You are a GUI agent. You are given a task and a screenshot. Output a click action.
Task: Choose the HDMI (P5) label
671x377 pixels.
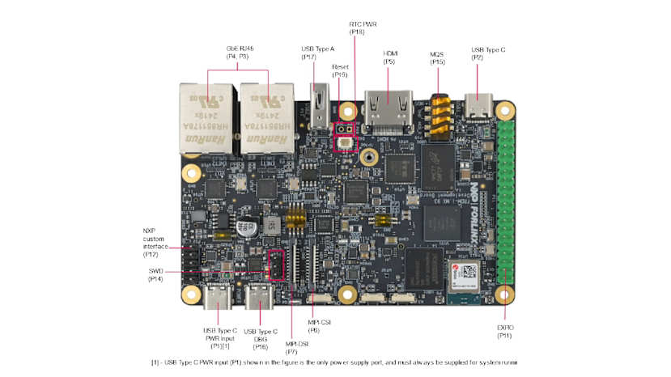[x=389, y=57]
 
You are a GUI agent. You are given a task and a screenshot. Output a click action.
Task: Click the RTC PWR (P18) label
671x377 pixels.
[x=356, y=28]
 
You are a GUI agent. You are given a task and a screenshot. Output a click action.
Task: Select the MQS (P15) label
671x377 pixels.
[x=437, y=57]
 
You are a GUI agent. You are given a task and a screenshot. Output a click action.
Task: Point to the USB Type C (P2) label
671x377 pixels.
[x=488, y=53]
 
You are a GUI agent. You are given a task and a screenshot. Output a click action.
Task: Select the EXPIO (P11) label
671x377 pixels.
[x=505, y=331]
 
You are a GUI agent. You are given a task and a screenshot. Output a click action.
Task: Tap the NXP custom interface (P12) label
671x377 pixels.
[x=155, y=242]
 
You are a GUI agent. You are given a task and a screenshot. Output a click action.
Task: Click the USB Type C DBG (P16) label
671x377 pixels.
[x=260, y=337]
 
